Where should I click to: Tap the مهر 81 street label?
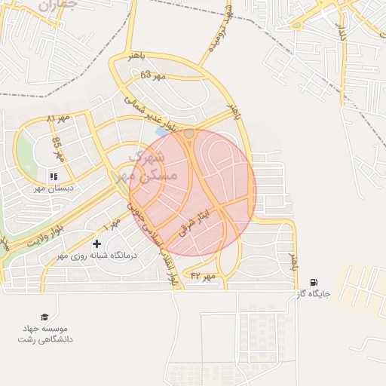(x=57, y=120)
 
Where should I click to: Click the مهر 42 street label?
(x=204, y=277)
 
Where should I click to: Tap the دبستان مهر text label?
(x=53, y=188)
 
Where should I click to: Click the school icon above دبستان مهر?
(x=54, y=176)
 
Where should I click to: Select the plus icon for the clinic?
(x=96, y=244)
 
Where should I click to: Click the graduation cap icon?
(x=44, y=317)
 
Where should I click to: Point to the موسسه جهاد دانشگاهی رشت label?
(x=45, y=335)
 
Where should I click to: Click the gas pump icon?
(x=314, y=282)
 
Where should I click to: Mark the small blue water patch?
(x=161, y=131)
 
